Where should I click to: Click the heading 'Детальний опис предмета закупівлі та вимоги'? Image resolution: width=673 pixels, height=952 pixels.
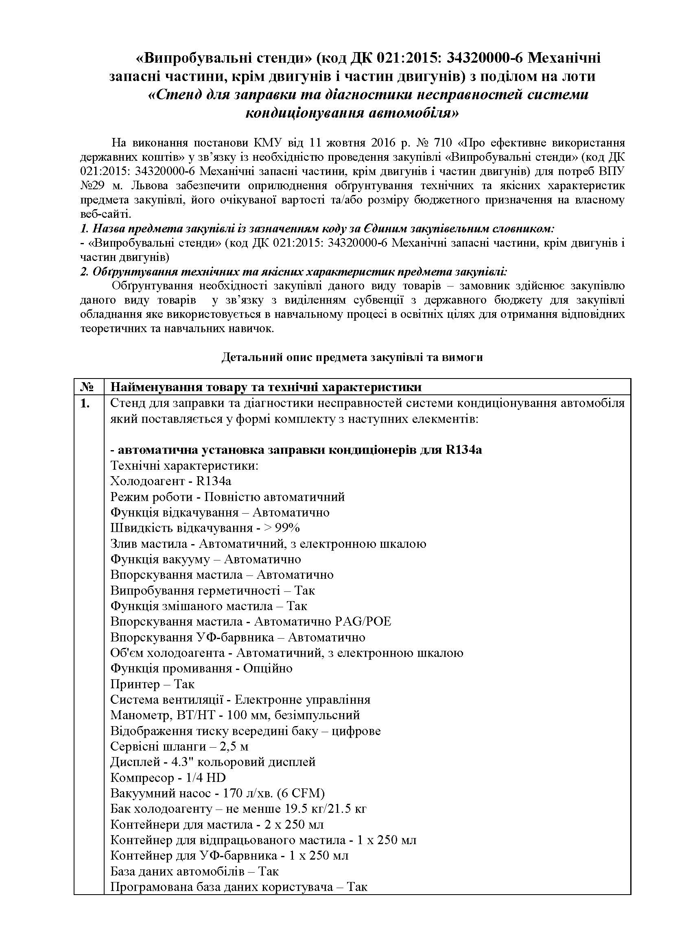[x=352, y=357]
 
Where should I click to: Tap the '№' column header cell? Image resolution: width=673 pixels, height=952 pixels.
[x=88, y=387]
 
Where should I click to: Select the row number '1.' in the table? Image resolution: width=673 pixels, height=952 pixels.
[x=85, y=403]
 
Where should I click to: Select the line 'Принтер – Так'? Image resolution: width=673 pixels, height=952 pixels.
[x=152, y=684]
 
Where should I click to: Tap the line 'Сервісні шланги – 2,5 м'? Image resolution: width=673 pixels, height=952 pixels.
[x=179, y=747]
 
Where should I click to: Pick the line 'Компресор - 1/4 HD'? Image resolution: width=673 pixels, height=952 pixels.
[x=168, y=778]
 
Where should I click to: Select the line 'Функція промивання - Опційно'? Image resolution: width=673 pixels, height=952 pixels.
[x=201, y=668]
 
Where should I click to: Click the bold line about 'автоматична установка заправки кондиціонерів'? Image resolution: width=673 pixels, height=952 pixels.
[x=296, y=450]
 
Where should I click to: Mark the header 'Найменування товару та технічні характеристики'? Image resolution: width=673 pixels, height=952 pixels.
[x=266, y=387]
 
